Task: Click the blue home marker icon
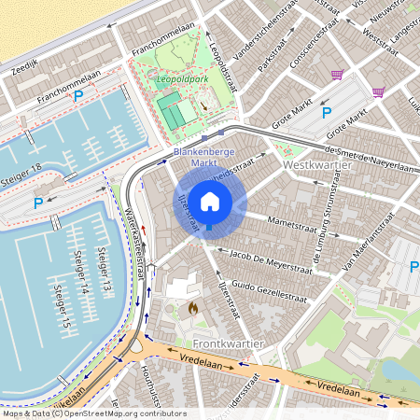pyautogui.click(x=210, y=202)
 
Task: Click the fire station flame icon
pyautogui.click(x=193, y=306)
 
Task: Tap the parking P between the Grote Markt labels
pyautogui.click(x=327, y=113)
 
